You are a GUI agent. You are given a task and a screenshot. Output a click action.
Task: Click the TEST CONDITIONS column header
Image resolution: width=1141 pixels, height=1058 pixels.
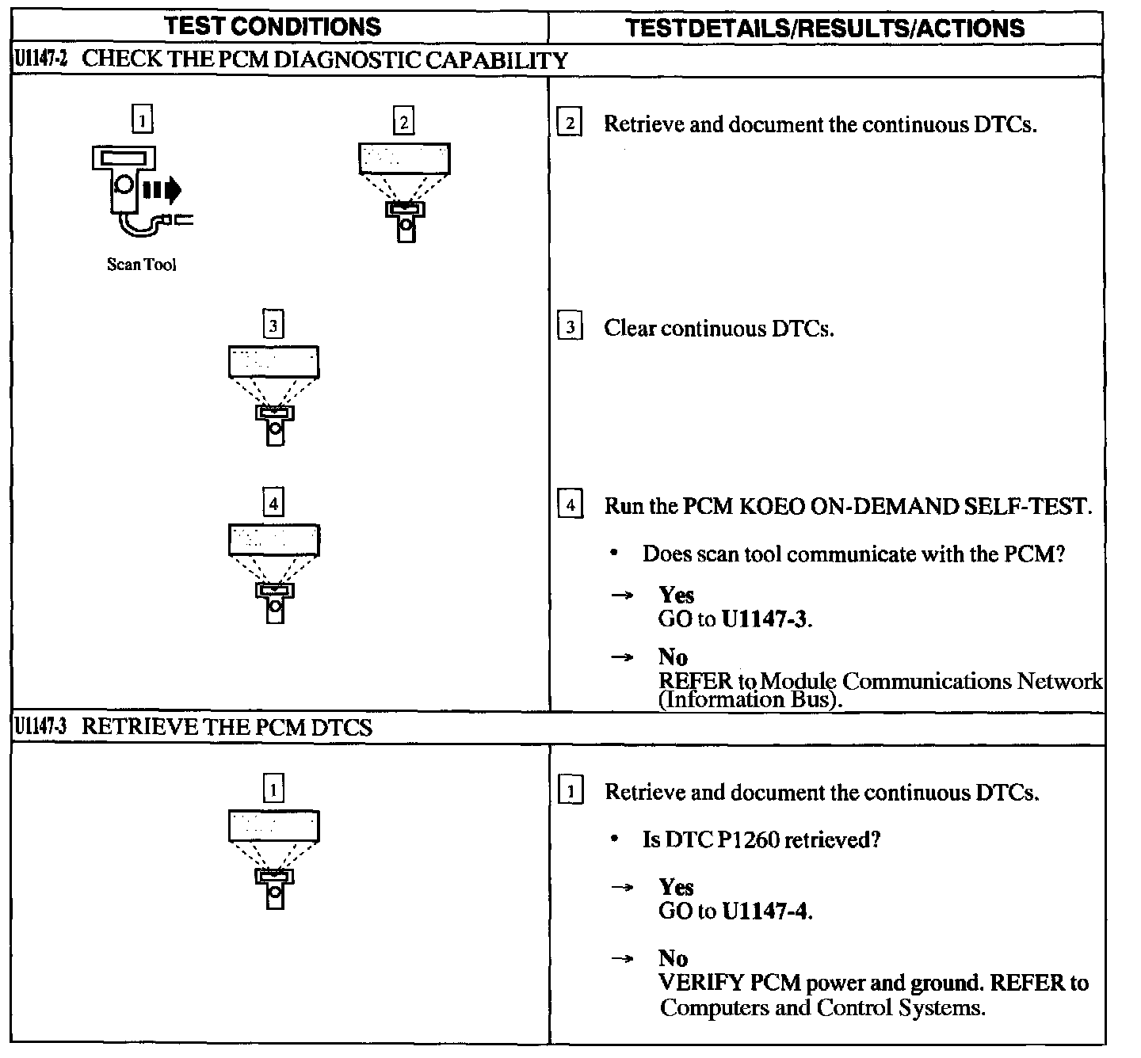tap(273, 26)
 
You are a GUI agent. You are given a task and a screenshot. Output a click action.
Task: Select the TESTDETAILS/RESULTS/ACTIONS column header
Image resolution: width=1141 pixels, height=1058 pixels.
tap(825, 29)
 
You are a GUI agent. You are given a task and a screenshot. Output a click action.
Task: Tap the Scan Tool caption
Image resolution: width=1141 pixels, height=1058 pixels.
tap(141, 264)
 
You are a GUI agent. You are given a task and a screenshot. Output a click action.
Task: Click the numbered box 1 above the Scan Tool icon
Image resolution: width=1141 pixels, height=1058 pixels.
tap(141, 120)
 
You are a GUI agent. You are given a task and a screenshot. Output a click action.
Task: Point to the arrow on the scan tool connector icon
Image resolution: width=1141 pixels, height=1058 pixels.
tap(163, 190)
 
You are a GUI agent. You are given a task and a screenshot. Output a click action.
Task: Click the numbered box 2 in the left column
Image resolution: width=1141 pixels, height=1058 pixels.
tap(404, 122)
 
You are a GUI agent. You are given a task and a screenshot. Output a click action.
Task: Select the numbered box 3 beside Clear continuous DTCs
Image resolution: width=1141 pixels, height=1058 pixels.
tap(570, 327)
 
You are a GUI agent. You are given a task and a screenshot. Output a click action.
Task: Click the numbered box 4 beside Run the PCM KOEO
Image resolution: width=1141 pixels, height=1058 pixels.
tap(570, 504)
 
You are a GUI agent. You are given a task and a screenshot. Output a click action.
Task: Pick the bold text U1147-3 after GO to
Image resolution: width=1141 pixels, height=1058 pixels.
tap(766, 618)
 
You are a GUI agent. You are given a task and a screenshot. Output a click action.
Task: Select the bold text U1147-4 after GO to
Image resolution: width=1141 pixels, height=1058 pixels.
tap(766, 911)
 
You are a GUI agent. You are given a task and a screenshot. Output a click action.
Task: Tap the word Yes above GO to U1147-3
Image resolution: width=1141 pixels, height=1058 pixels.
tap(676, 595)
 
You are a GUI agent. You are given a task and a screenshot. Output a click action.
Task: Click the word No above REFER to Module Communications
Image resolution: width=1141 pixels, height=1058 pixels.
tap(673, 656)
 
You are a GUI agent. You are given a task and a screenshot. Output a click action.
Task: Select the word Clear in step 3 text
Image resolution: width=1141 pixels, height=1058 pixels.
tap(630, 328)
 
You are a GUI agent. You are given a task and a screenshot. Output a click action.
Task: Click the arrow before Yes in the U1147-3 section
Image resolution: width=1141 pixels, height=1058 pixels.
tap(622, 888)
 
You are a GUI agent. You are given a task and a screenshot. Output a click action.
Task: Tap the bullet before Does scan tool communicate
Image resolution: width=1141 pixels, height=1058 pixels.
tap(615, 554)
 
